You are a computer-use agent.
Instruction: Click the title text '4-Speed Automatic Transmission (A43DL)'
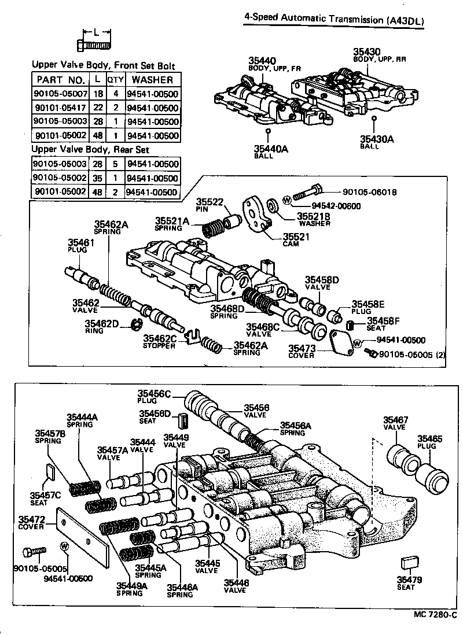pyautogui.click(x=334, y=20)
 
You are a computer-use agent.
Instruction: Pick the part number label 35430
pyautogui.click(x=367, y=51)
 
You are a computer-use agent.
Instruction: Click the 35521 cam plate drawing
pyautogui.click(x=255, y=213)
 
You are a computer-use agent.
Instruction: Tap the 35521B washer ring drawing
pyautogui.click(x=273, y=206)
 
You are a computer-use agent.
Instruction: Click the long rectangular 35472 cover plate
pyautogui.click(x=83, y=537)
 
